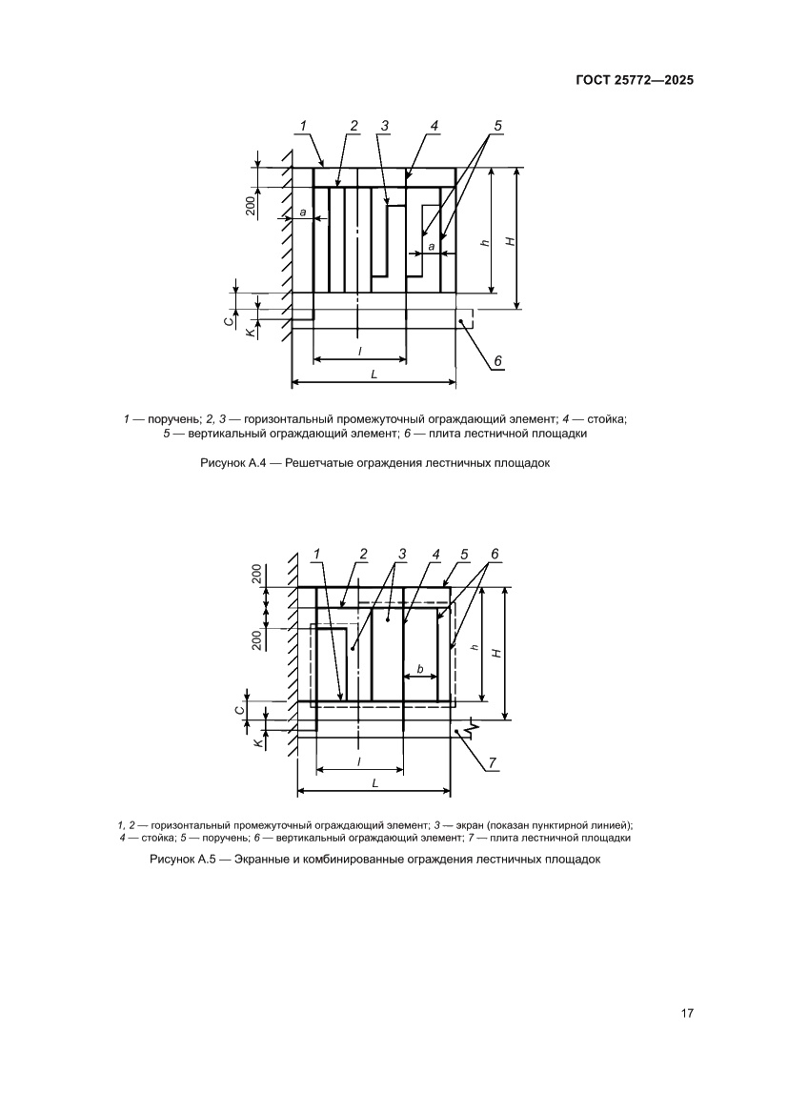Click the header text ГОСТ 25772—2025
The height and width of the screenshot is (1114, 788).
pyautogui.click(x=633, y=81)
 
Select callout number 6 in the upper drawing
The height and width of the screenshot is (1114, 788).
pyautogui.click(x=497, y=360)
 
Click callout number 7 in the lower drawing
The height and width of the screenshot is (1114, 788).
pyautogui.click(x=492, y=762)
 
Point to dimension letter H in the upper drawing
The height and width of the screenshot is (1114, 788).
pyautogui.click(x=511, y=242)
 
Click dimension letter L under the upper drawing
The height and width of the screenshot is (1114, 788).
pyautogui.click(x=374, y=375)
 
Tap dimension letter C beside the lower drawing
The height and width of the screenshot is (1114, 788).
pyautogui.click(x=239, y=709)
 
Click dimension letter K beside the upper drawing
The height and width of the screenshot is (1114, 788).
pyautogui.click(x=250, y=330)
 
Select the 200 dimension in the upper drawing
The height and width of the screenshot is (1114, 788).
pyautogui.click(x=249, y=205)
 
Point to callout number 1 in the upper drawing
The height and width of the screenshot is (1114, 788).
pyautogui.click(x=303, y=125)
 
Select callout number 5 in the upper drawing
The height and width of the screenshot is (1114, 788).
pyautogui.click(x=497, y=125)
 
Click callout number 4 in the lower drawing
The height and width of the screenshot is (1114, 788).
pyautogui.click(x=434, y=554)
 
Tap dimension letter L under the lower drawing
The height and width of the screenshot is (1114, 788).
pyautogui.click(x=374, y=782)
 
